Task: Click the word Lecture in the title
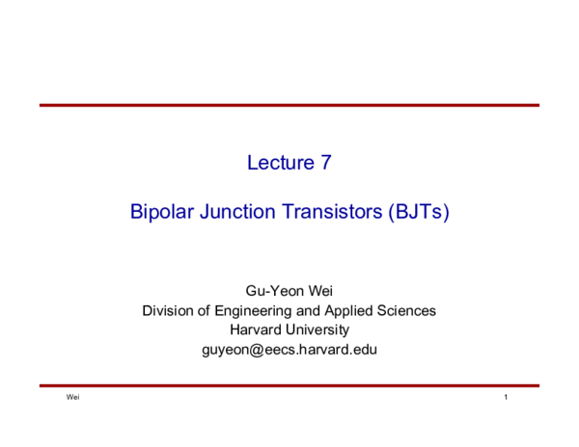point(278,163)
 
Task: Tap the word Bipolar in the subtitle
point(161,212)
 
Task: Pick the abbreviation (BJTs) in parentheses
point(418,212)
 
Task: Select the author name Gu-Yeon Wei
point(289,291)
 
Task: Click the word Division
point(169,310)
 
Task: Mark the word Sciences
point(409,310)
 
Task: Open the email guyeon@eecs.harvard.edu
point(289,349)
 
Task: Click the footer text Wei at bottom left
point(72,398)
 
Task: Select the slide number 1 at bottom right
point(506,398)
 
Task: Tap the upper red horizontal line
point(289,105)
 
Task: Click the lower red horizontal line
point(289,385)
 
